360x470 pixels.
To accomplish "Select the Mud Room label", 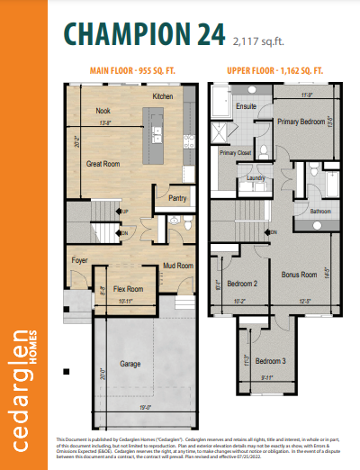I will pyautogui.click(x=177, y=266).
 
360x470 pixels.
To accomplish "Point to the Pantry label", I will pyautogui.click(x=177, y=198).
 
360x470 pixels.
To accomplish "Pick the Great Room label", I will pyautogui.click(x=104, y=163).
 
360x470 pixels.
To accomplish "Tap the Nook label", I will pyautogui.click(x=104, y=111).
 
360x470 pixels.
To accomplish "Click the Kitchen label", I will pyautogui.click(x=163, y=95).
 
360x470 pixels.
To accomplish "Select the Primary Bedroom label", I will pyautogui.click(x=300, y=121).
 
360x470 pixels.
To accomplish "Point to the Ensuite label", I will pyautogui.click(x=246, y=105).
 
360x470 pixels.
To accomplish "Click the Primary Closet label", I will pyautogui.click(x=233, y=153).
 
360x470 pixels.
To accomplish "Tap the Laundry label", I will pyautogui.click(x=255, y=178).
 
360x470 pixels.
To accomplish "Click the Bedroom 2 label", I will pyautogui.click(x=243, y=283).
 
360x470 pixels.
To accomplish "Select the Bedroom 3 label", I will pyautogui.click(x=271, y=361).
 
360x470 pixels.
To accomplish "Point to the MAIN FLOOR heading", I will pyautogui.click(x=114, y=69).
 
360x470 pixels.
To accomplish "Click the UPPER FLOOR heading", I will pyautogui.click(x=268, y=69).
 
